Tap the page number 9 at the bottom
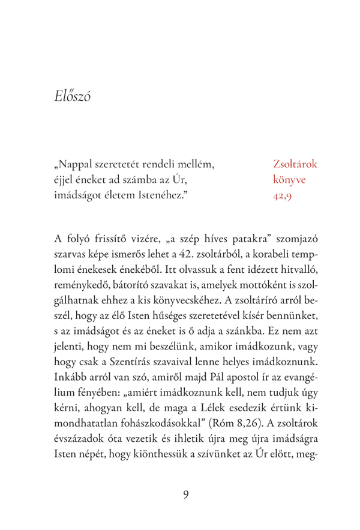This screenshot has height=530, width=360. [x=185, y=494]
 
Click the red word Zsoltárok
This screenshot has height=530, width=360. [x=295, y=162]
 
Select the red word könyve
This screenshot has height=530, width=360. [x=290, y=179]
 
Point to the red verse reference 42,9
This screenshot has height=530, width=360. [x=282, y=195]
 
